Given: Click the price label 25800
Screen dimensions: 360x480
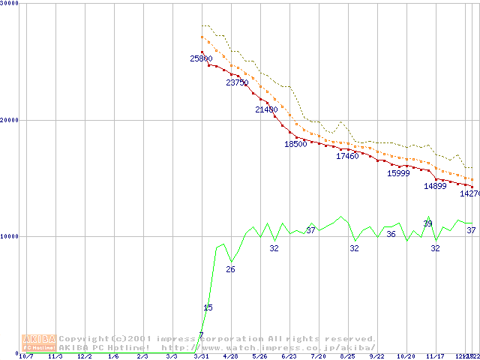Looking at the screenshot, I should coord(201,58).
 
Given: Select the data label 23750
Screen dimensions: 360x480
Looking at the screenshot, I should coord(237,82).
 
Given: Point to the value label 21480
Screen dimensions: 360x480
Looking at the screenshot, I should coord(266,109).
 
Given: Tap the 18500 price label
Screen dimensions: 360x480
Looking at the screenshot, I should coord(295,144).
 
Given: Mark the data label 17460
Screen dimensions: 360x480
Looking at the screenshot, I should coord(347,156).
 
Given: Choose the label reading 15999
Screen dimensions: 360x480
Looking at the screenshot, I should coord(398,173).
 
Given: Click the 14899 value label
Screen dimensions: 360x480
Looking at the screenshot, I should coord(435,186).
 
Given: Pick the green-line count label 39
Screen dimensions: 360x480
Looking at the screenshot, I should coord(427,223).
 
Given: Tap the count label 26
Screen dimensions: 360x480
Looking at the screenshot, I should coord(230,269).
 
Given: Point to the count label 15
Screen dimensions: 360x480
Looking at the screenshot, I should coord(208,307).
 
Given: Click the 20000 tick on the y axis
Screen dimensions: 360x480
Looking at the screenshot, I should coord(10,120).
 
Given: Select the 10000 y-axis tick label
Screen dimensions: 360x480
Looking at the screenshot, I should coord(10,236).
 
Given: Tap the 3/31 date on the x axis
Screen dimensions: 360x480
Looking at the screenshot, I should coord(200,356).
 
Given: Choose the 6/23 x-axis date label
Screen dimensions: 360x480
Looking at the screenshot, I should coord(289,356).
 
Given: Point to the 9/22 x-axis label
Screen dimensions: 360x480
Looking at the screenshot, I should coord(376,356).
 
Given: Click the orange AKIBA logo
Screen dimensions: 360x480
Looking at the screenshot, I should coord(39,343).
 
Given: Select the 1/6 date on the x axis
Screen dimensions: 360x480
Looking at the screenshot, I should coord(113,356).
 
